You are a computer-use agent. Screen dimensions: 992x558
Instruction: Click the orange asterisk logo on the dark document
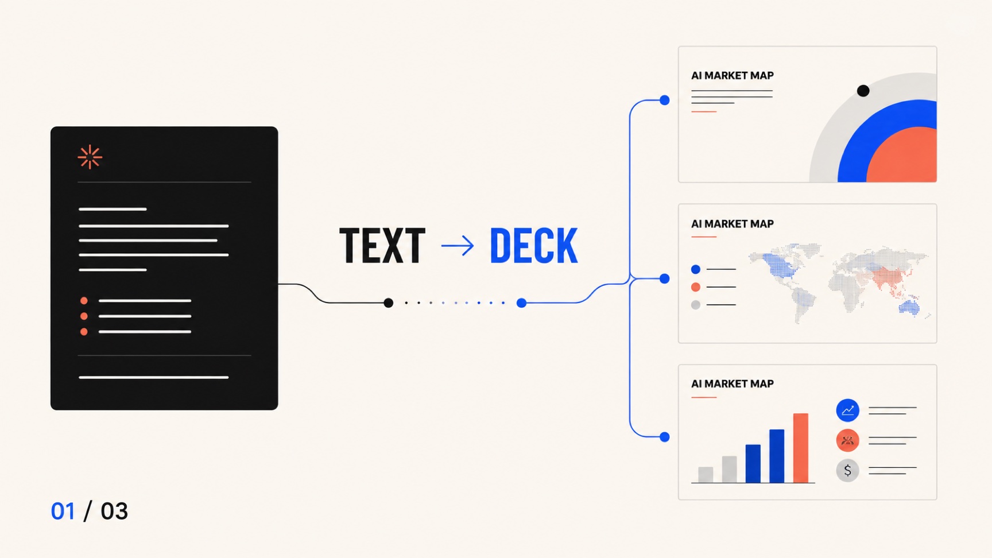click(x=90, y=157)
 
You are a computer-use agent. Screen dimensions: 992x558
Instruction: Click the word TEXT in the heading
click(x=382, y=246)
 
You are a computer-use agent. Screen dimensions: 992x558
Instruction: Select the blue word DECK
click(x=533, y=246)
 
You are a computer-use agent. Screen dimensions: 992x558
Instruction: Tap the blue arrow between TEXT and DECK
click(x=458, y=246)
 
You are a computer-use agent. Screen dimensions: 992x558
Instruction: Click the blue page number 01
click(x=63, y=511)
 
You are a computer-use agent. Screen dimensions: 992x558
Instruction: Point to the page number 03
click(x=114, y=511)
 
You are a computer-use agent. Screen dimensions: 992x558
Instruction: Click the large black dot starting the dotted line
click(x=389, y=303)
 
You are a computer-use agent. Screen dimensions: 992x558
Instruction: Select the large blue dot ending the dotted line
click(x=521, y=303)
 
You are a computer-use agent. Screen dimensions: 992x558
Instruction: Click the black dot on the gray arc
click(x=863, y=91)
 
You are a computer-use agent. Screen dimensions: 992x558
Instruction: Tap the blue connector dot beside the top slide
click(x=665, y=100)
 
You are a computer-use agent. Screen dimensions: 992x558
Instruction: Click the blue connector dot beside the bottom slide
click(x=665, y=437)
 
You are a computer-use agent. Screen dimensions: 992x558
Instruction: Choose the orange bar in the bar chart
click(x=801, y=448)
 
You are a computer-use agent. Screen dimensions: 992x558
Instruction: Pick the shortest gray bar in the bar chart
click(x=706, y=475)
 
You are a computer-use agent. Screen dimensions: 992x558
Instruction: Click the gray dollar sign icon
click(x=847, y=471)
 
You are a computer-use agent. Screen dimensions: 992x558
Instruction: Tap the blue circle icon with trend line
click(x=847, y=410)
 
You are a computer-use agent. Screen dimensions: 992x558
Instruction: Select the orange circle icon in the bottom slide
click(x=847, y=440)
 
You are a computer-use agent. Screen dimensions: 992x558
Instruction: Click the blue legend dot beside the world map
click(x=696, y=269)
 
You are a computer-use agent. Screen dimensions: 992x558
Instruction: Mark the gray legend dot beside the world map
click(x=696, y=305)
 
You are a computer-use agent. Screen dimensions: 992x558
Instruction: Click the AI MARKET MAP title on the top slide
click(x=733, y=75)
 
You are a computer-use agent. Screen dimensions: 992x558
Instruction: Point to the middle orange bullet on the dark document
click(x=84, y=316)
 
